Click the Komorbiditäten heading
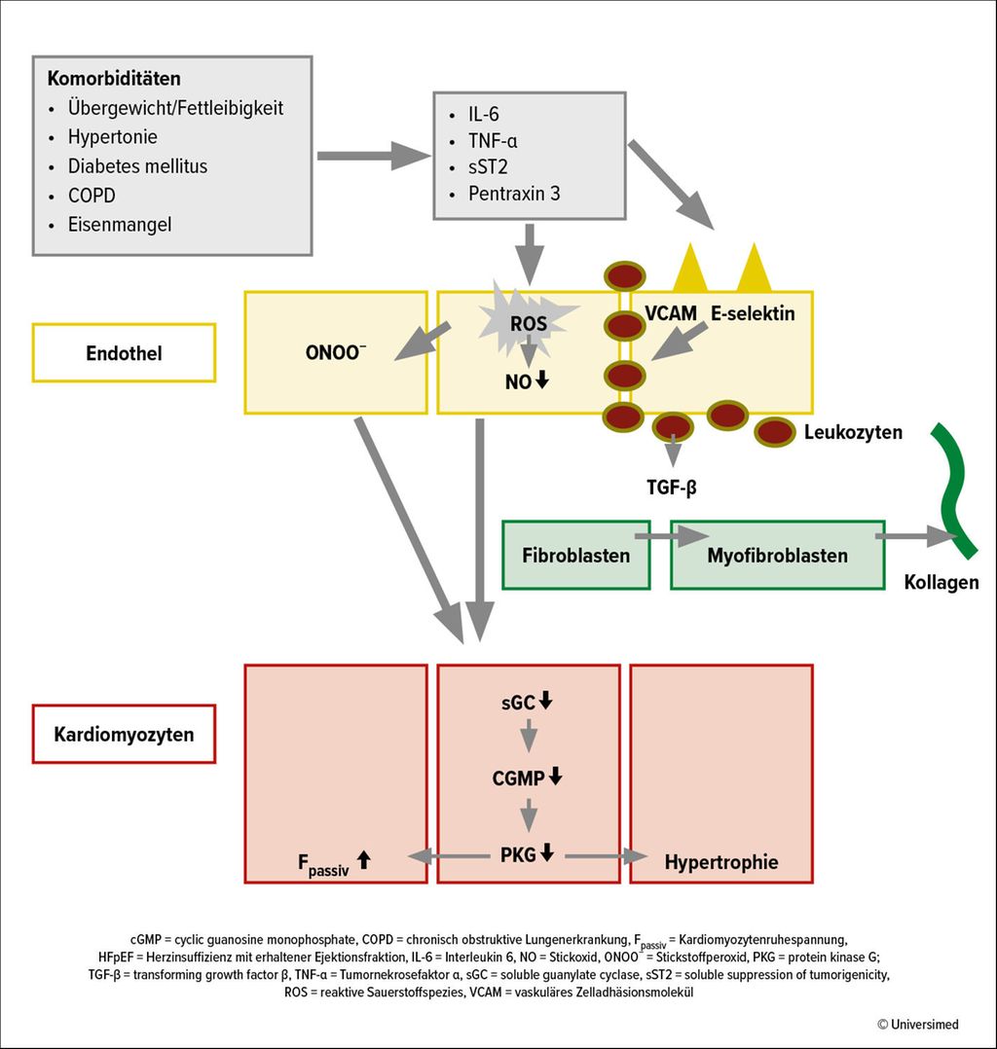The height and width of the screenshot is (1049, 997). [x=114, y=78]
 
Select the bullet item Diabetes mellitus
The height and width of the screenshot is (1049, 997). [x=137, y=165]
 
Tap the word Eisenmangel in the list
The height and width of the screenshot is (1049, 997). [x=120, y=225]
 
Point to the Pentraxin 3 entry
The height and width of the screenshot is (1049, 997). [x=513, y=194]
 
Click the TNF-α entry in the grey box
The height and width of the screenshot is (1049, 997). [x=492, y=141]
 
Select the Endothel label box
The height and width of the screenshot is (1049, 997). [x=124, y=352]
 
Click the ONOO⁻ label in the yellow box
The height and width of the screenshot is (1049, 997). [x=336, y=352]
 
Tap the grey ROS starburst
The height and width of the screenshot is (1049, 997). [x=529, y=320]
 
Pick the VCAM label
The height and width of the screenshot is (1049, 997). [x=671, y=313]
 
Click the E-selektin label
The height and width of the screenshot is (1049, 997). [x=753, y=313]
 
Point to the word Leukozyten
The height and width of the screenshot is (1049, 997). [x=853, y=432]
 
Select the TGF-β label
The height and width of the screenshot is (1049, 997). [x=672, y=487]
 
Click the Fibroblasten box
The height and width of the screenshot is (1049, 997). [x=575, y=556]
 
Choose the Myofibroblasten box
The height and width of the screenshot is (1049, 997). [x=777, y=556]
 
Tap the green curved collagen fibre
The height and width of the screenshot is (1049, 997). [x=953, y=488]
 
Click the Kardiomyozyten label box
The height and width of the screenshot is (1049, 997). [x=124, y=734]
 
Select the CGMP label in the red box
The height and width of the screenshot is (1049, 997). [x=518, y=778]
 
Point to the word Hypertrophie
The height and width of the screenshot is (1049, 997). [x=721, y=862]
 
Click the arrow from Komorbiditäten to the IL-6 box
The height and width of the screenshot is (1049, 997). [x=374, y=156]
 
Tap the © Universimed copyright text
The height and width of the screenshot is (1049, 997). [x=917, y=1025]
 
